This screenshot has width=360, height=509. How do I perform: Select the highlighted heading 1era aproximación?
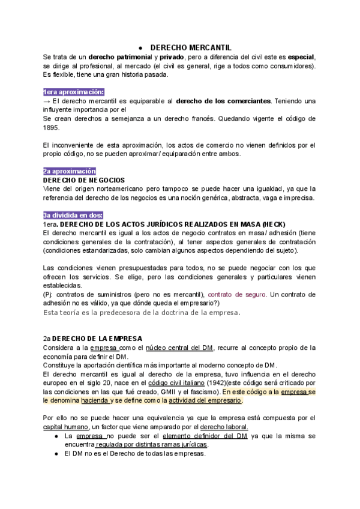pyautogui.click(x=73, y=92)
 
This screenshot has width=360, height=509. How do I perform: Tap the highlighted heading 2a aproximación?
pyautogui.click(x=70, y=171)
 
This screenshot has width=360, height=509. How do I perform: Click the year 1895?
pyautogui.click(x=51, y=127)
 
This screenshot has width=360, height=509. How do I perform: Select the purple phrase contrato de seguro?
pyautogui.click(x=237, y=295)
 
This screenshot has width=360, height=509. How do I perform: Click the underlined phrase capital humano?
pyautogui.click(x=63, y=426)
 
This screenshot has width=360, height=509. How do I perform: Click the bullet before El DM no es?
pyautogui.click(x=56, y=453)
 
